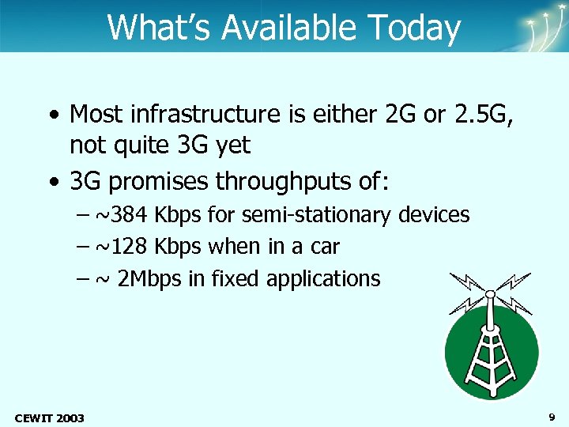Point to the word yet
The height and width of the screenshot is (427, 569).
232,145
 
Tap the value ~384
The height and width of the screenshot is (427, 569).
122,215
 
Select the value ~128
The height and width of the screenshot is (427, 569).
122,247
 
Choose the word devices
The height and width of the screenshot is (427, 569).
435,215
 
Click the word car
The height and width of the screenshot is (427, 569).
325,247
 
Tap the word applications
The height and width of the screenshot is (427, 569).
323,279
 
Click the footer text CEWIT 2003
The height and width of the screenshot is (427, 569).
50,417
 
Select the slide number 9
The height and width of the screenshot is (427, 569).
551,416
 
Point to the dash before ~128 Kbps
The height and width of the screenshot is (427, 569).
85,247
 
